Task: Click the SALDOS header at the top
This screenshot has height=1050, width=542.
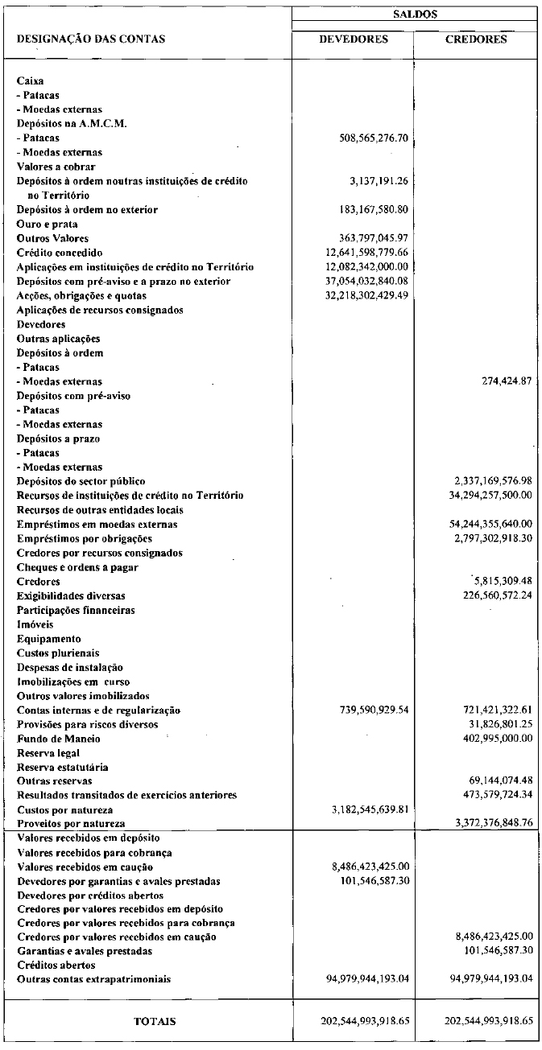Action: point(416,14)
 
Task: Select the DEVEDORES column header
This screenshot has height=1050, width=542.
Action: point(353,39)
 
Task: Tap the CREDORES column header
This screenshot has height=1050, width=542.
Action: point(476,39)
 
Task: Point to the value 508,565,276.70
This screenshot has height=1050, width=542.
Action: point(374,138)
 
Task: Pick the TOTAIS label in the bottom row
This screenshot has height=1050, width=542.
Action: point(155,1021)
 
